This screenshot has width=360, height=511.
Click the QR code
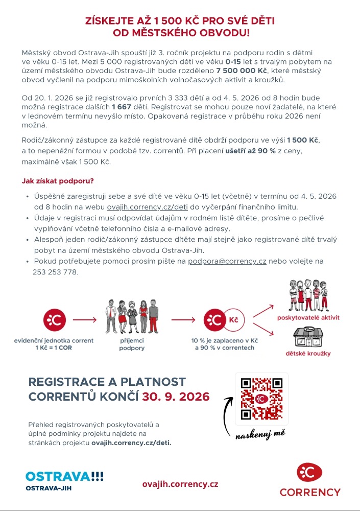(x=262, y=399)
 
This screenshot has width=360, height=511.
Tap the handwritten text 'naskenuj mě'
(x=259, y=434)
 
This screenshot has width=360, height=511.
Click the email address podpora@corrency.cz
(x=227, y=261)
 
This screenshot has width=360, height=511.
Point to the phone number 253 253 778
(x=55, y=272)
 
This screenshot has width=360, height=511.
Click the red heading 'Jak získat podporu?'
(x=58, y=181)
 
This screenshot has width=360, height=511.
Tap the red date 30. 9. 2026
(x=176, y=397)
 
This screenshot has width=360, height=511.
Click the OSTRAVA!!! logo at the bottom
(x=64, y=476)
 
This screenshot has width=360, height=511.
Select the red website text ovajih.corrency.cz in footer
(x=180, y=484)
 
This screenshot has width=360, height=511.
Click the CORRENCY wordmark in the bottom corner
(x=310, y=493)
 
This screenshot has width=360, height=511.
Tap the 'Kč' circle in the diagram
(x=233, y=320)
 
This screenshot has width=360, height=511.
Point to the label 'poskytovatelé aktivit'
(x=308, y=317)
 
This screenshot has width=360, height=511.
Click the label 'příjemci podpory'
(x=132, y=344)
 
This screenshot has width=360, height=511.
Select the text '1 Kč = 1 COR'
(x=54, y=347)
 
